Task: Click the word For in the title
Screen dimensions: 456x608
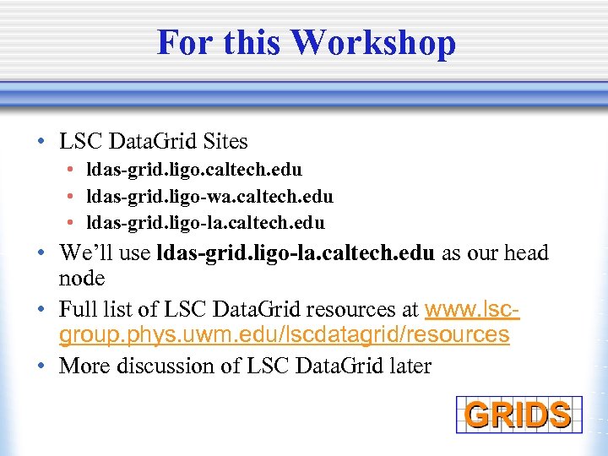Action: click(182, 42)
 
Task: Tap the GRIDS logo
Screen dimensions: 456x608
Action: click(518, 415)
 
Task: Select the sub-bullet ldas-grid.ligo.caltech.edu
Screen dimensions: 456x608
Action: click(194, 170)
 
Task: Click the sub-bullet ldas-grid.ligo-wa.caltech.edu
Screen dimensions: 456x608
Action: click(209, 197)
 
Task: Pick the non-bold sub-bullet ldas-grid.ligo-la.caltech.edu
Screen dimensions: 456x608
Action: click(205, 223)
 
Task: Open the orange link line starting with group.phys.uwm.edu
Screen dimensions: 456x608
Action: click(284, 335)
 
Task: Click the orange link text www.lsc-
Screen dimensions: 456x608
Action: click(472, 309)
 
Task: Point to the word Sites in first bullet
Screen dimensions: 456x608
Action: click(224, 140)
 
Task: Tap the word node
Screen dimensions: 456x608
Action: click(82, 279)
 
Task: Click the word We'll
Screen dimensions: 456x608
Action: click(83, 253)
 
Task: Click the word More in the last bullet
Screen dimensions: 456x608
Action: click(83, 366)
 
